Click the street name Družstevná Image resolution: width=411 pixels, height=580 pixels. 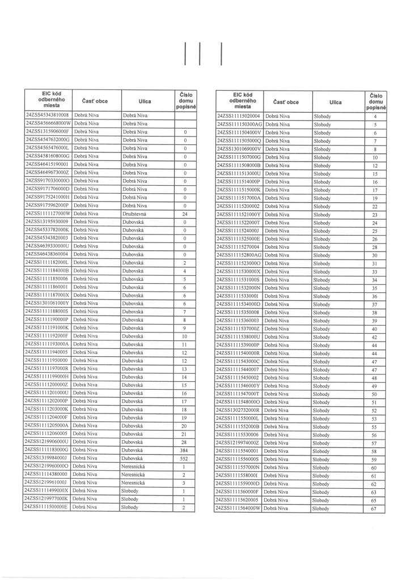[135, 214]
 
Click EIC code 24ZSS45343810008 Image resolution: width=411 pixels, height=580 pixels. [47, 115]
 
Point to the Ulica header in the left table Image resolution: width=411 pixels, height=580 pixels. [145, 101]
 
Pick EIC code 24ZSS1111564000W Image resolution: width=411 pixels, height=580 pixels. [239, 509]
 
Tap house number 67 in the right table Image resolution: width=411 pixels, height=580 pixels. [374, 509]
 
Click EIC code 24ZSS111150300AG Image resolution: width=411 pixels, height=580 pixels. [239, 123]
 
